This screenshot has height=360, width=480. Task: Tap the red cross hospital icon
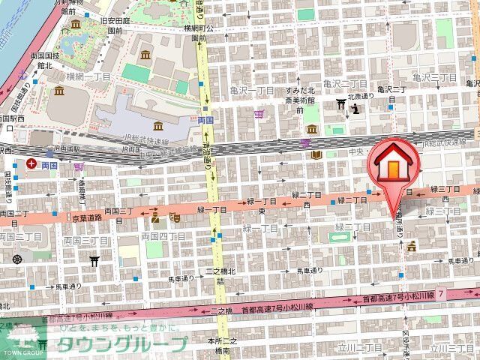coord(31,163)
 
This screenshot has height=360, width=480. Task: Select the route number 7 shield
coord(442,295)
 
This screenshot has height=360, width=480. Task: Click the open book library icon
coord(316,155)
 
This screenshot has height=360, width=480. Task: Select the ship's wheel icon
coord(16,256)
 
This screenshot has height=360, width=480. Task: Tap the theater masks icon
coord(174,217)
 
